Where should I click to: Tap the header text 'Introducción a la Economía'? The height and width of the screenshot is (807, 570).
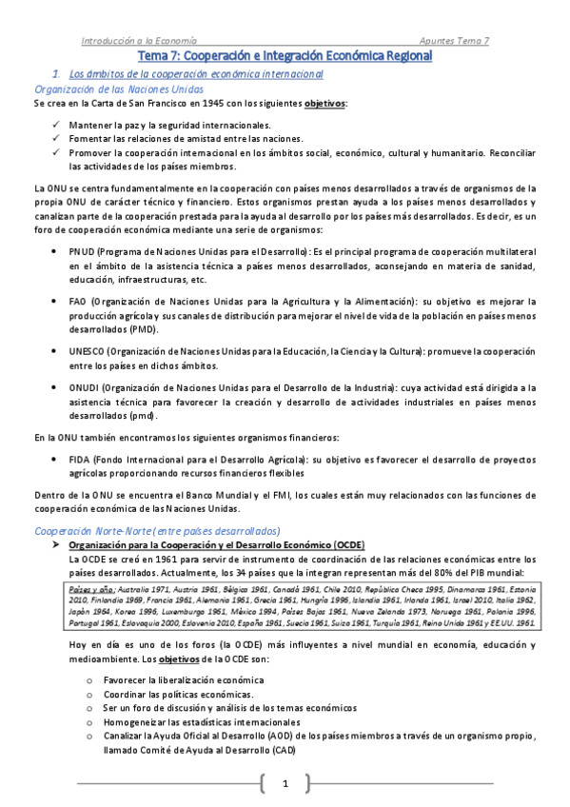139,41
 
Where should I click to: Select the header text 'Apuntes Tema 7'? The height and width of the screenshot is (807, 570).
454,41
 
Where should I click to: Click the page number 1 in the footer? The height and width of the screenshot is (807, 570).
285,783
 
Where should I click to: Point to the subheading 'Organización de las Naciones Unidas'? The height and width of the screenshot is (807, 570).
103,88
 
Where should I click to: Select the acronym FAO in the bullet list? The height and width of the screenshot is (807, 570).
79,301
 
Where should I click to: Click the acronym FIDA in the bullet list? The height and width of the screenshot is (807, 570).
80,459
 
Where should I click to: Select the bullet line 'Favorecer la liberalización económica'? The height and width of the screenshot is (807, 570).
170,680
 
